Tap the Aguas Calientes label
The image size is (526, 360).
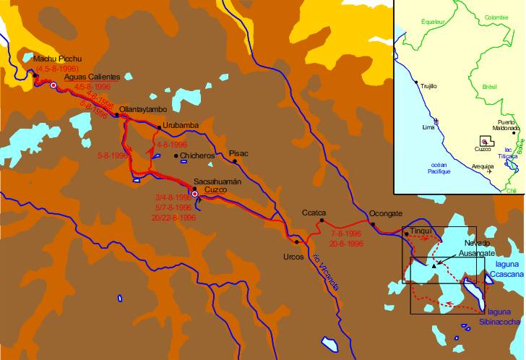92,77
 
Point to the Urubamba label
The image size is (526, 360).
181,125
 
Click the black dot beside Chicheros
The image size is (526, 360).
176,155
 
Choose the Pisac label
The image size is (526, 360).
238,153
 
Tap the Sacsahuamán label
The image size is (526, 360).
217,183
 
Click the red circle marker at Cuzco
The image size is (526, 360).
195,194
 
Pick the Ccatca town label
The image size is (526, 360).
315,213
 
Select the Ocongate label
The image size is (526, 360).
384,214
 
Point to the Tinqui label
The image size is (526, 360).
420,231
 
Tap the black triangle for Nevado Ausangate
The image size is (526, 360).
434,266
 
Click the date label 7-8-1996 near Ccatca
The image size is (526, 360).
345,234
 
